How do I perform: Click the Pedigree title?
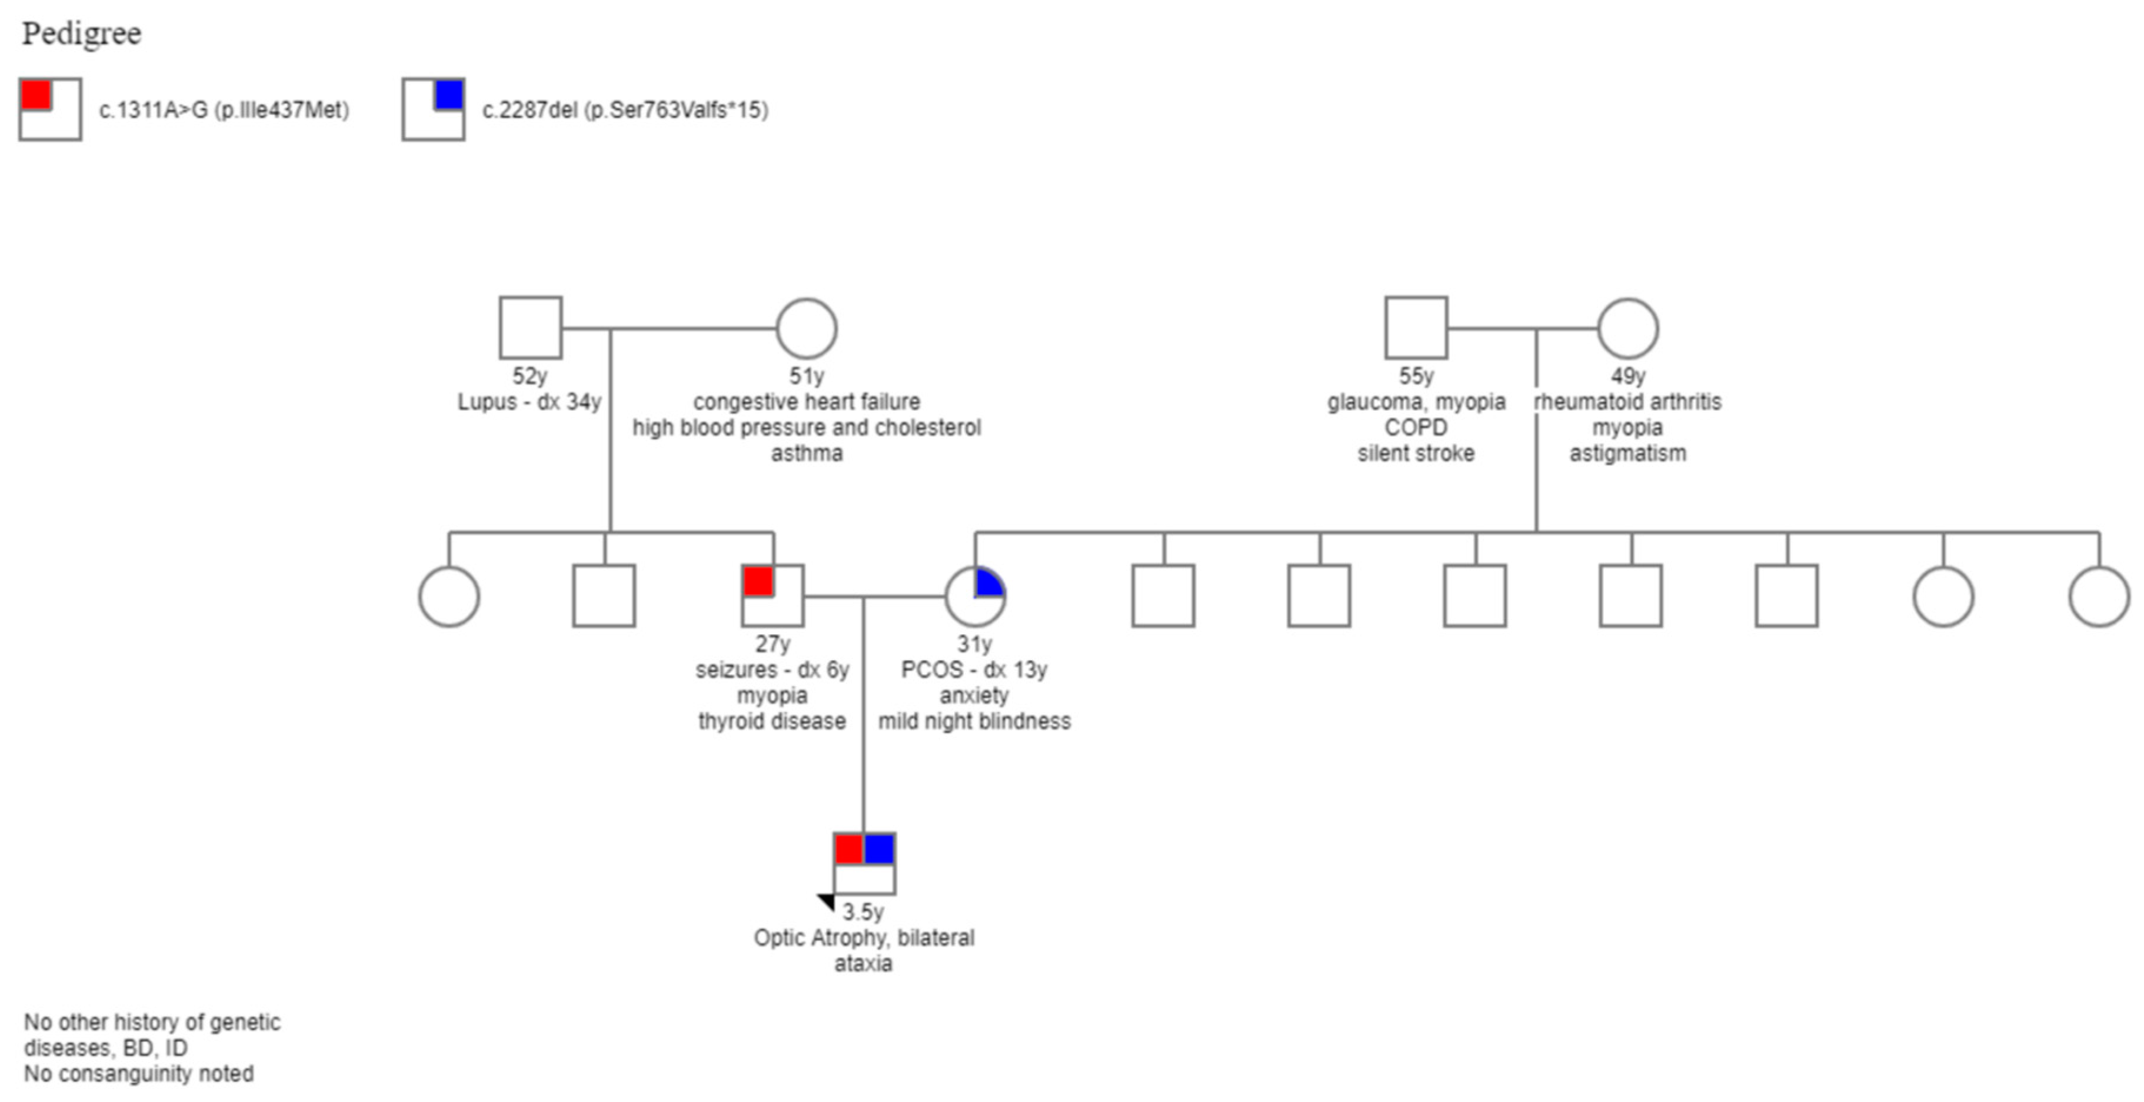tap(82, 34)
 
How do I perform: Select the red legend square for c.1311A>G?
tap(36, 94)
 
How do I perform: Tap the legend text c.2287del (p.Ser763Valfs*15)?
tap(625, 110)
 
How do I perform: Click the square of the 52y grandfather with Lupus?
tap(530, 328)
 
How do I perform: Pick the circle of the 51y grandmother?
tap(805, 328)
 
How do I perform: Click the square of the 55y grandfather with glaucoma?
tap(1416, 328)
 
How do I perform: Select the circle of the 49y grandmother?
tap(1627, 328)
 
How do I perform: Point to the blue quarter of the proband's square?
tap(879, 849)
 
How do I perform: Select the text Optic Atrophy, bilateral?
tap(864, 938)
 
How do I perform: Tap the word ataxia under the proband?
tap(863, 964)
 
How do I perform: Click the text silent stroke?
tap(1416, 454)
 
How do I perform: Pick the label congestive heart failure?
tap(807, 402)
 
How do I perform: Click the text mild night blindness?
tap(974, 721)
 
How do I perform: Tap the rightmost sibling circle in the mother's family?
tap(2098, 596)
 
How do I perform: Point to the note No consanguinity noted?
tap(139, 1074)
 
